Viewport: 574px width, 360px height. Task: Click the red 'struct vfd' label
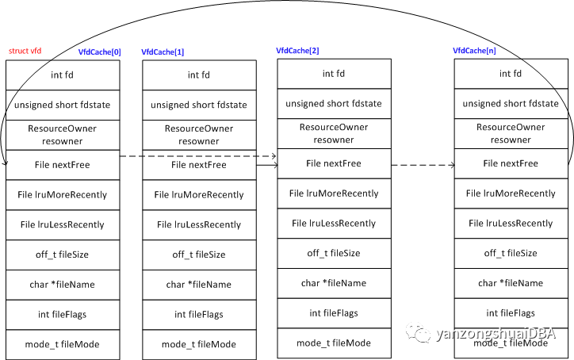[x=25, y=51]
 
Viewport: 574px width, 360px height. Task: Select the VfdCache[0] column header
[x=100, y=52]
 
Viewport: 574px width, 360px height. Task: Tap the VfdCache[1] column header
[x=163, y=52]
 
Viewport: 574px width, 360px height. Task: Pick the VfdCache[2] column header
[x=297, y=50]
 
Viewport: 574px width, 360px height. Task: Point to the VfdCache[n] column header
[x=475, y=50]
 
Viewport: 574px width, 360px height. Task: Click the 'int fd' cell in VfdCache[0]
[x=63, y=75]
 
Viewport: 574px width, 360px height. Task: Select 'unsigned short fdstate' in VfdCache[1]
[x=199, y=105]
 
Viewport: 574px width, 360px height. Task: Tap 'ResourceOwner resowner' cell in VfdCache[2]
[x=334, y=133]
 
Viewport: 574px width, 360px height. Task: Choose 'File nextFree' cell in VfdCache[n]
[x=511, y=163]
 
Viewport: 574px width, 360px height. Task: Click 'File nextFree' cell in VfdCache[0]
[x=63, y=165]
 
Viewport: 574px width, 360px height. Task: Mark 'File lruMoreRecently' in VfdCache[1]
[x=199, y=195]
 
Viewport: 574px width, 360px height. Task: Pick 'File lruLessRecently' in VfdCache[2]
[x=334, y=223]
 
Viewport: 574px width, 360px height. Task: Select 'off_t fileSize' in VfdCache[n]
[x=511, y=253]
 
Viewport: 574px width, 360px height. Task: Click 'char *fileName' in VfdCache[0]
[x=63, y=284]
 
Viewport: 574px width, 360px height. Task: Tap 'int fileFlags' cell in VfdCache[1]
[x=199, y=315]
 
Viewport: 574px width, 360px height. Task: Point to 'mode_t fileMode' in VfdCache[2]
[x=334, y=343]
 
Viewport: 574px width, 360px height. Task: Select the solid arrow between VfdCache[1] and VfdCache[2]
[x=267, y=166]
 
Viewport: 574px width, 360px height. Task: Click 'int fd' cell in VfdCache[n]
[x=511, y=74]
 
